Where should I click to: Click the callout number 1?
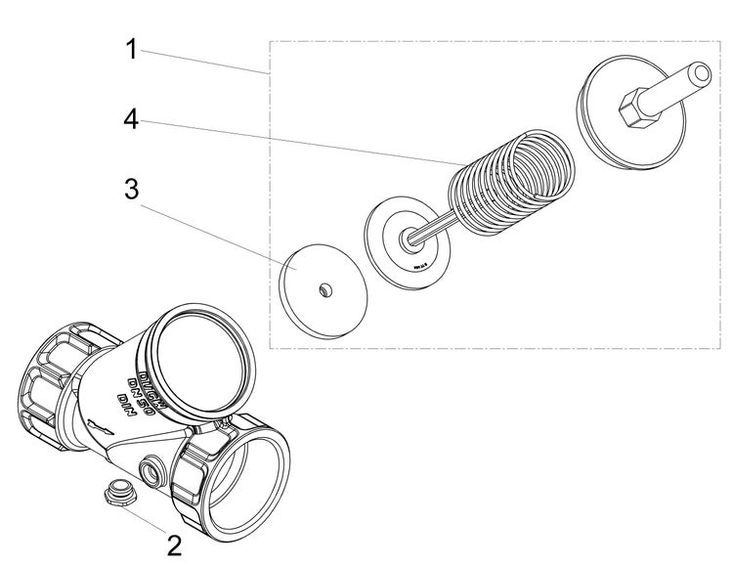(131, 48)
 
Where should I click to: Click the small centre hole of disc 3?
(323, 288)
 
